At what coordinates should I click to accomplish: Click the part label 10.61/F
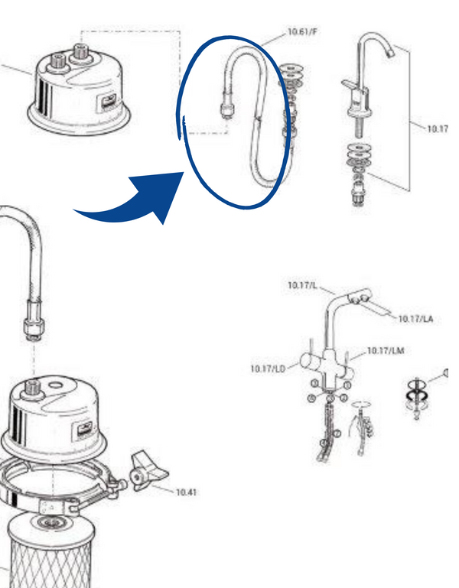point(302,31)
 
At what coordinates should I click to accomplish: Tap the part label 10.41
point(186,492)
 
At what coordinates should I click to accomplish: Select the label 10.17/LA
point(415,319)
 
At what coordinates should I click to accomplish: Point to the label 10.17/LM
point(386,351)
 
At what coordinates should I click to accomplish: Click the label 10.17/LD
point(268,369)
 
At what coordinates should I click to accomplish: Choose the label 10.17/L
point(302,285)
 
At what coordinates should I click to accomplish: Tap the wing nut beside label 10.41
point(148,471)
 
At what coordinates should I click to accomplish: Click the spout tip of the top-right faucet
point(390,53)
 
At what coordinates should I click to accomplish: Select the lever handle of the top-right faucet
point(352,86)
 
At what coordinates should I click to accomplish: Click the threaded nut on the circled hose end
point(227,109)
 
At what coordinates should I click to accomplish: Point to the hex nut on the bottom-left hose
point(34,328)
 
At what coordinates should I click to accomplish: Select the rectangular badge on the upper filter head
point(106,102)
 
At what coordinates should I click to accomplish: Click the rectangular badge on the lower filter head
point(85,430)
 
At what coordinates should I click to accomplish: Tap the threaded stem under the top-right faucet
point(357,128)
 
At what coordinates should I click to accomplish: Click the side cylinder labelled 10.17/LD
point(311,361)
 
